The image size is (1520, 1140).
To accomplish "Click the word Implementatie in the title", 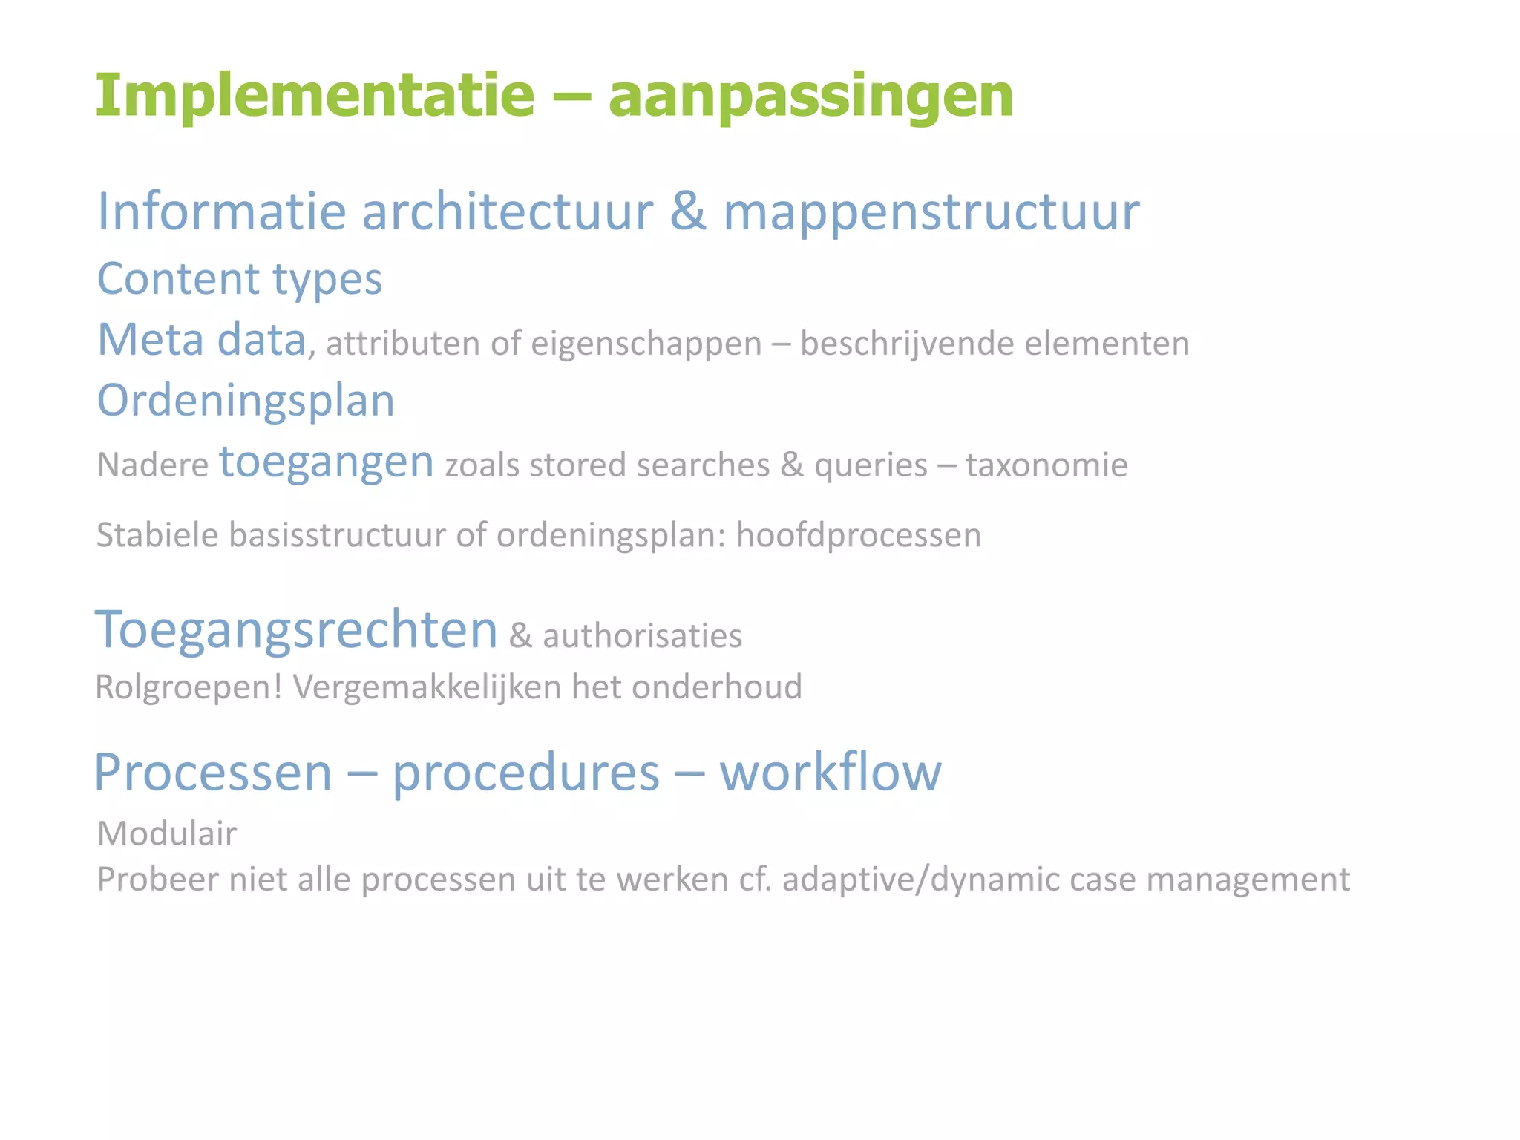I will pos(315,96).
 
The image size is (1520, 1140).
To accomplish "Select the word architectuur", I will pos(508,212).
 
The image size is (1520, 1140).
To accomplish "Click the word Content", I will pos(178,279).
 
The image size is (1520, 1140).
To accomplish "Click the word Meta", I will pos(151,340).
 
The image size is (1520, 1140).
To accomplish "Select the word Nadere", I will pos(153,466).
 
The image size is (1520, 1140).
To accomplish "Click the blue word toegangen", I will pos(326,463).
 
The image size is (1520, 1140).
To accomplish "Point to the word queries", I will pos(871,466).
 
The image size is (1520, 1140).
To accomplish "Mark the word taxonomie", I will pos(1046,466).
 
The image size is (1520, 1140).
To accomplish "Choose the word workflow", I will pos(831,773).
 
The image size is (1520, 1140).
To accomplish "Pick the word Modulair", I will pos(167,834).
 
